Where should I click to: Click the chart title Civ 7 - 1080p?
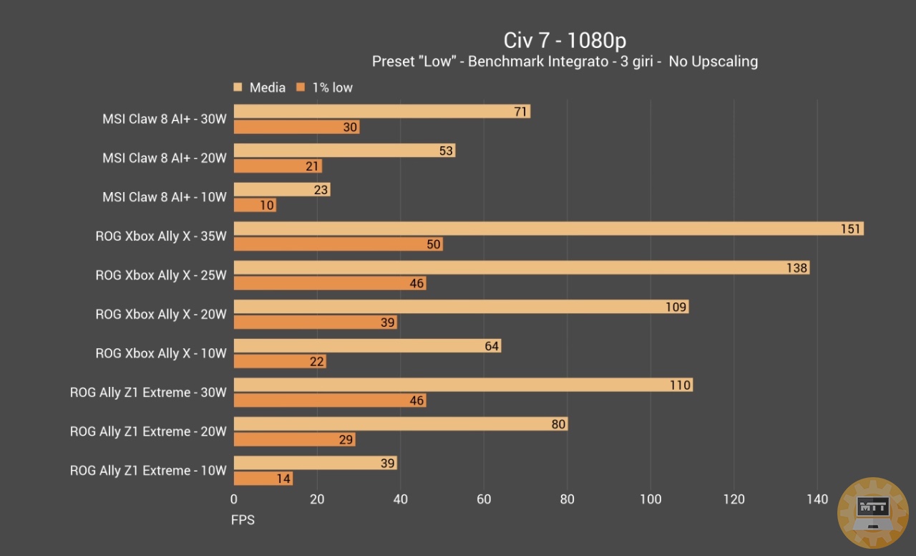click(x=565, y=39)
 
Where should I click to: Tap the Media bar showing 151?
click(x=548, y=229)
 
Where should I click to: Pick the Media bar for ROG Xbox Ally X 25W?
click(x=521, y=268)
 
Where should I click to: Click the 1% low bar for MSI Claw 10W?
click(x=255, y=206)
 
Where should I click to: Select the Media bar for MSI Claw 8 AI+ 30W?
click(x=381, y=111)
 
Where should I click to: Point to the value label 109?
click(x=676, y=307)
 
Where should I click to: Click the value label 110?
click(x=680, y=385)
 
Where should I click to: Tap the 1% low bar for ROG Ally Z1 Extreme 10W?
click(x=263, y=479)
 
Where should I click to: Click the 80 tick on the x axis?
click(x=567, y=499)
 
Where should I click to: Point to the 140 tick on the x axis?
click(x=817, y=499)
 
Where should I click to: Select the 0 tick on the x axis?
click(x=234, y=499)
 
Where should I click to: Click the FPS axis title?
click(x=243, y=519)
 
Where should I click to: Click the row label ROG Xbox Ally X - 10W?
click(x=161, y=353)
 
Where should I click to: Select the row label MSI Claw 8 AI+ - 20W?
click(x=164, y=158)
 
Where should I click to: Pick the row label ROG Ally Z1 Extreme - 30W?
click(x=148, y=393)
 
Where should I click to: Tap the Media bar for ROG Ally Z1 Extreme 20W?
click(x=400, y=424)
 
